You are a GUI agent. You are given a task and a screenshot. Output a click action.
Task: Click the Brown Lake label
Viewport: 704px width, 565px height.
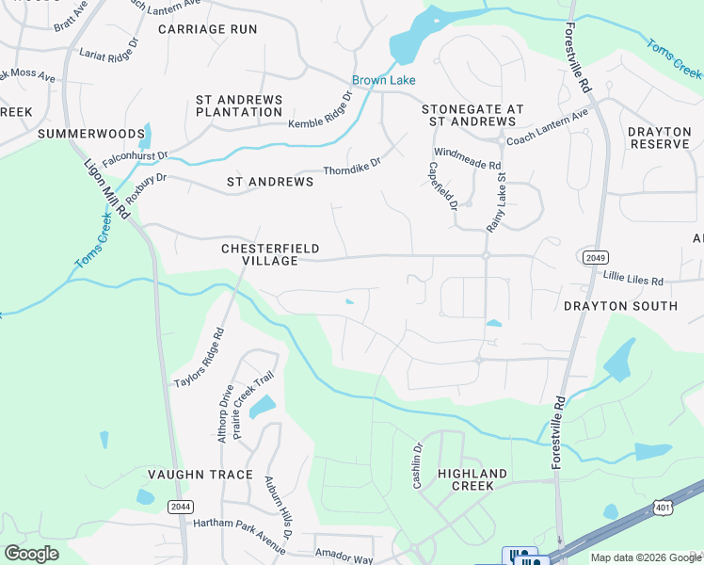[383, 80]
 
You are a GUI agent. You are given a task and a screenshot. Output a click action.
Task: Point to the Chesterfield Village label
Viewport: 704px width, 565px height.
[270, 254]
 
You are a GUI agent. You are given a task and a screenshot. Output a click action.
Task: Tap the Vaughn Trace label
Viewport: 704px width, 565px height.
[200, 475]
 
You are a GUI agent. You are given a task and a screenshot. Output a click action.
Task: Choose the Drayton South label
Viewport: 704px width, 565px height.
[620, 306]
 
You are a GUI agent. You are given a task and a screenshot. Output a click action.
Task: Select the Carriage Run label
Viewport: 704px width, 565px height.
[208, 29]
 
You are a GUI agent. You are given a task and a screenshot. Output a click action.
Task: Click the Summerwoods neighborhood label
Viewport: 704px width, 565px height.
[91, 135]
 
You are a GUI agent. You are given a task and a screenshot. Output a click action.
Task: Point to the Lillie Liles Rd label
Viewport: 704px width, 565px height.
[633, 281]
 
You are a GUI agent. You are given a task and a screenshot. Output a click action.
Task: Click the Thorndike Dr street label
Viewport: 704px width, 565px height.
[352, 167]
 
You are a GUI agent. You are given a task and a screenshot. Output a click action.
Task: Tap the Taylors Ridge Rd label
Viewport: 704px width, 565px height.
[200, 358]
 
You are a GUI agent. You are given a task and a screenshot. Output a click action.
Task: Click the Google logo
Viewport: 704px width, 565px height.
[31, 554]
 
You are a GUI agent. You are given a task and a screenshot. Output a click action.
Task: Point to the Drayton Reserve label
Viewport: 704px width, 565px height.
[660, 137]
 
